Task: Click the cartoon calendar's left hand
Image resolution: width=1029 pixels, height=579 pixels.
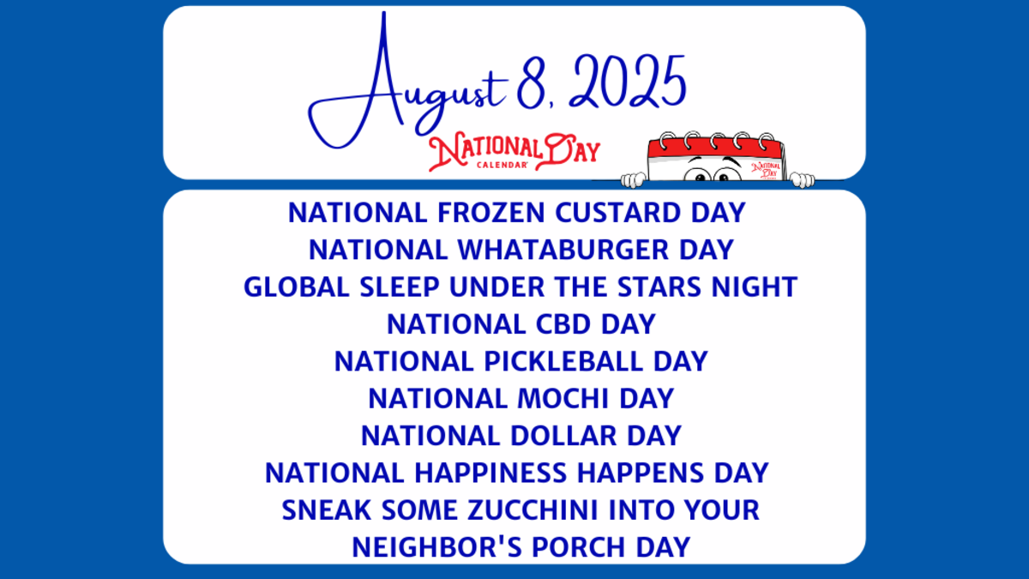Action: (633, 179)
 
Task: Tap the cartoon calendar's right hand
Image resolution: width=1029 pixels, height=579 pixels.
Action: (802, 179)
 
